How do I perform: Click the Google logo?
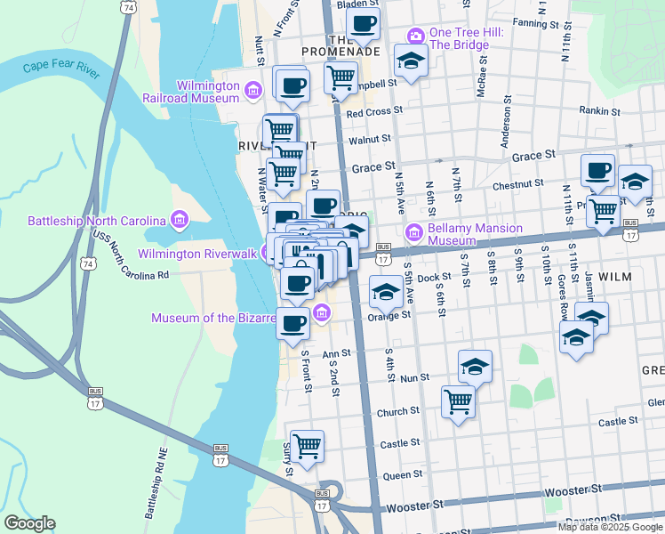[x=29, y=523]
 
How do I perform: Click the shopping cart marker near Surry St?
[x=307, y=446]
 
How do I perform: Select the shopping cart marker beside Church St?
[x=458, y=401]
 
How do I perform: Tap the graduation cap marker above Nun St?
[x=475, y=366]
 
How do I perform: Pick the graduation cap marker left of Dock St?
[x=385, y=292]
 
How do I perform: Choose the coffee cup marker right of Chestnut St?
[x=597, y=170]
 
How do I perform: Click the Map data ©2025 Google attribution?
[x=609, y=526]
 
